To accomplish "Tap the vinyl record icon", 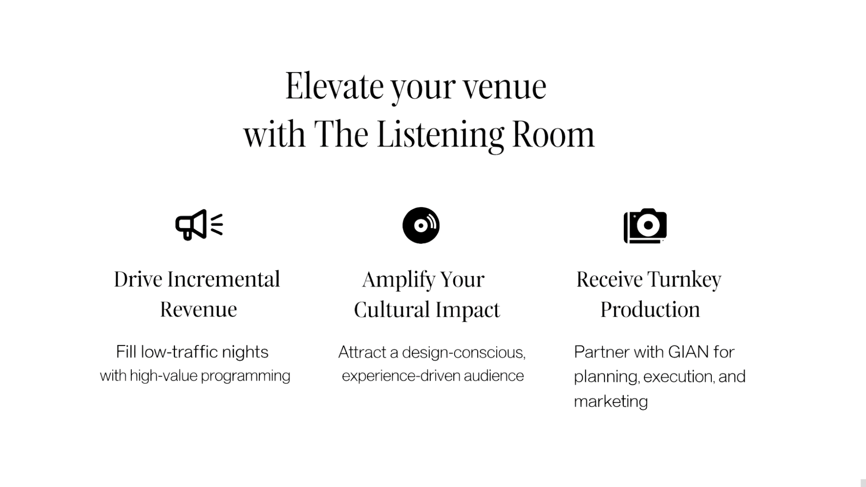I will (x=421, y=225).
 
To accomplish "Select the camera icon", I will (x=645, y=225).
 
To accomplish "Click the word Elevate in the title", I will (x=334, y=87).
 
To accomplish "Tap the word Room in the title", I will (x=553, y=135).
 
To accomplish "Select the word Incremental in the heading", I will (x=224, y=280).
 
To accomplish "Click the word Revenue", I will (x=198, y=309).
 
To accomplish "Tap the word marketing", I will (x=611, y=401).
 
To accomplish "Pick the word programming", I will (x=246, y=376).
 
